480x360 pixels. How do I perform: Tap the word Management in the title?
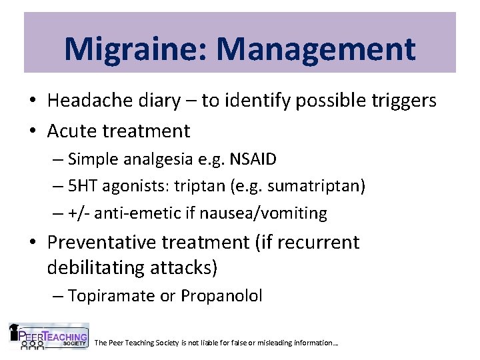(315, 49)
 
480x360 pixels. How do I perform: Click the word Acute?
(71, 130)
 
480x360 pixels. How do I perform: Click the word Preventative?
(106, 242)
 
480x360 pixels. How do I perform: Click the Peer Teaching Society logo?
(48, 336)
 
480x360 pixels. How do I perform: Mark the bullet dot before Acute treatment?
(33, 131)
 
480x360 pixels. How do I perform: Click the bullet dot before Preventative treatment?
(33, 243)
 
